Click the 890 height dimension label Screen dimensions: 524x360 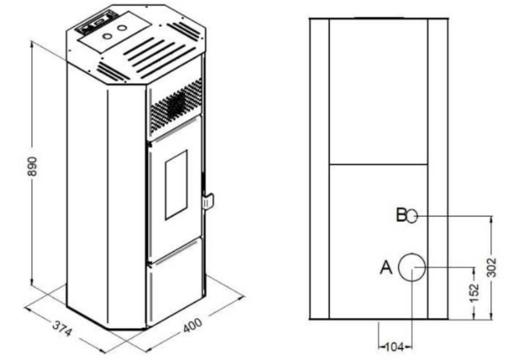(x=32, y=166)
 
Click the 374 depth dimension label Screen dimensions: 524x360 (x=62, y=328)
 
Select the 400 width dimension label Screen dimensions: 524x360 (x=193, y=325)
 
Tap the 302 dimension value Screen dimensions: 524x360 (x=491, y=268)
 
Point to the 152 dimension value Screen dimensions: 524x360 (x=474, y=293)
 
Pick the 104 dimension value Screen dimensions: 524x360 (x=395, y=347)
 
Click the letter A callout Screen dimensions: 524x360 (x=386, y=268)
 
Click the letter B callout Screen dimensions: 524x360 (x=401, y=215)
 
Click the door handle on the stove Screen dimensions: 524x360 (x=207, y=202)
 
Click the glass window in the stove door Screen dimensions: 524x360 (x=176, y=185)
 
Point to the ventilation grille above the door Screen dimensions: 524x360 (x=176, y=106)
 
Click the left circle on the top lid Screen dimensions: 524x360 (x=107, y=36)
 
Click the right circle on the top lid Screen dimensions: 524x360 (x=122, y=28)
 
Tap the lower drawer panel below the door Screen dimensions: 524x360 (x=174, y=282)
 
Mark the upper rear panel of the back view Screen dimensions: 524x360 (x=378, y=92)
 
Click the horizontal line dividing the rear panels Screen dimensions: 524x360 (x=378, y=164)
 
